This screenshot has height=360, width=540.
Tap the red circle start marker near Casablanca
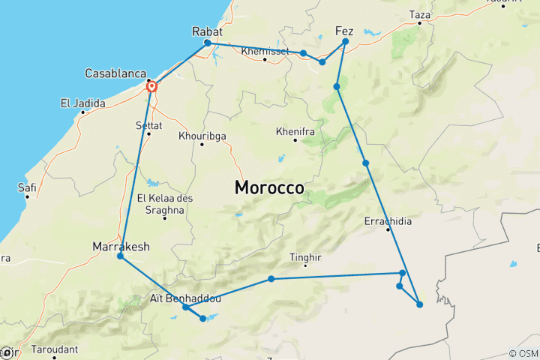(x=152, y=87)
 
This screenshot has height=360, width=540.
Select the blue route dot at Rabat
(x=207, y=43)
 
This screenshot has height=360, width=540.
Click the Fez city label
(x=344, y=31)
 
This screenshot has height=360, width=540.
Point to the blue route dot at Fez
(x=345, y=42)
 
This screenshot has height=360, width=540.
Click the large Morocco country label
(x=269, y=187)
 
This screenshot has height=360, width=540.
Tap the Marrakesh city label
(x=121, y=246)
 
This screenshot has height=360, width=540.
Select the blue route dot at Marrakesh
(x=120, y=257)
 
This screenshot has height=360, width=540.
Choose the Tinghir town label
(x=305, y=257)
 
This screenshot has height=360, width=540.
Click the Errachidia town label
(x=388, y=221)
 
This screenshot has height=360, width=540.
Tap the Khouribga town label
(x=202, y=136)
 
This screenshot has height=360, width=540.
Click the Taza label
(x=421, y=14)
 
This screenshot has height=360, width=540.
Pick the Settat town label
(x=148, y=124)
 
